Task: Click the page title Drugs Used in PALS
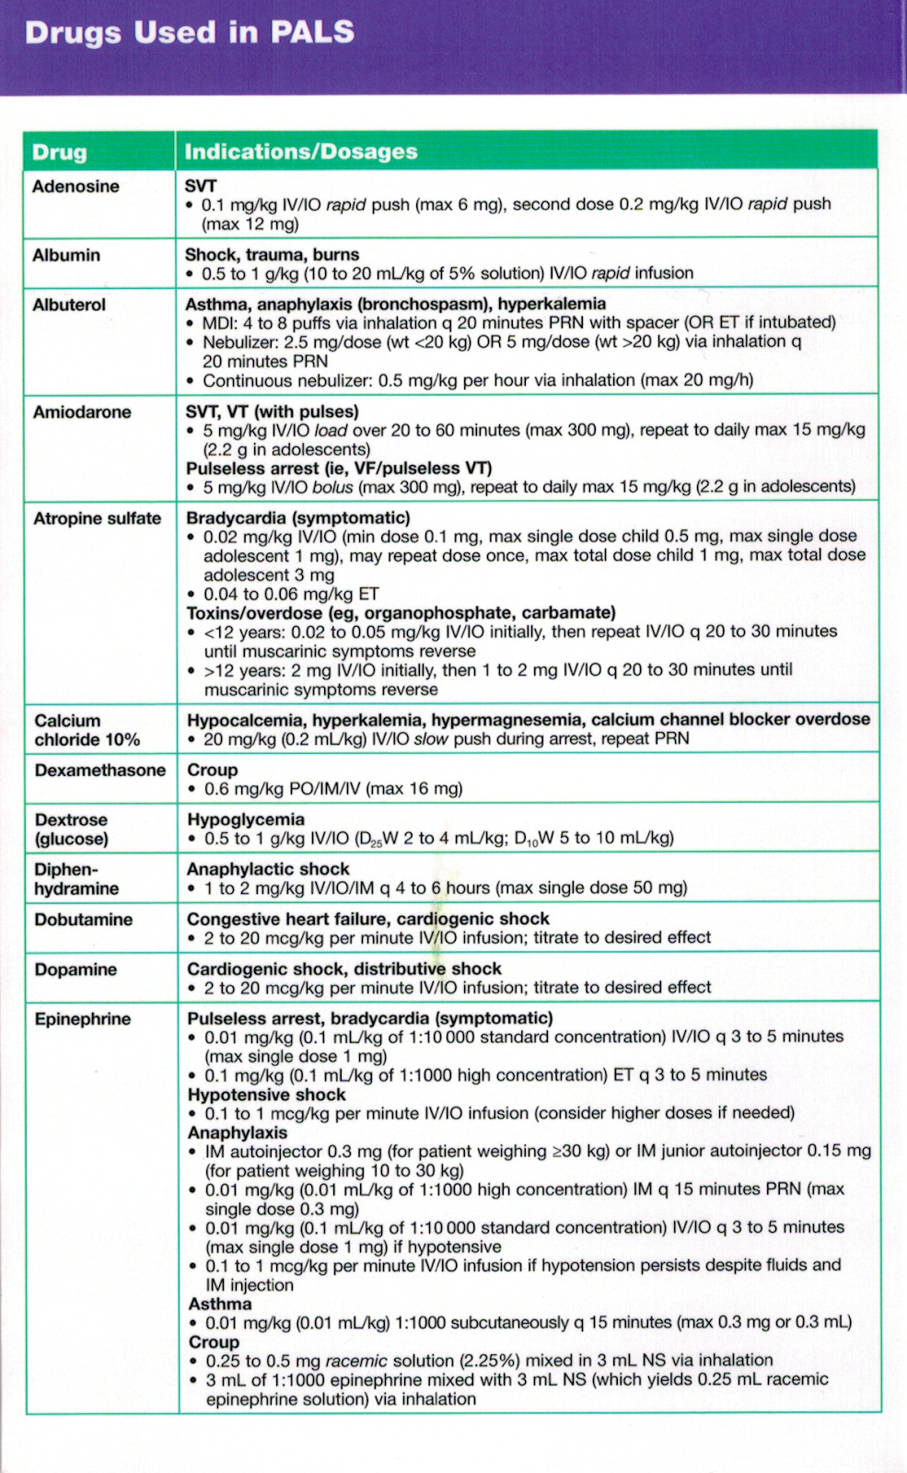point(190,33)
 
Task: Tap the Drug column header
point(59,153)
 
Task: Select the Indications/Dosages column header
point(301,152)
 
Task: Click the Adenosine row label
point(76,187)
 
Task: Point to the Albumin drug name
point(66,255)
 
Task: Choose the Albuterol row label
point(69,305)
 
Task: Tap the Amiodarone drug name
point(82,412)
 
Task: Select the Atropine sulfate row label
point(97,519)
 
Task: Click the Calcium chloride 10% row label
point(87,730)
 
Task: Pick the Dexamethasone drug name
point(100,771)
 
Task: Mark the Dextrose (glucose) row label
point(72,829)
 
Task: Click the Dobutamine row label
point(84,920)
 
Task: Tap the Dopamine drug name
point(76,969)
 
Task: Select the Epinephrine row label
point(83,1019)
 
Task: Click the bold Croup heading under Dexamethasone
point(213,770)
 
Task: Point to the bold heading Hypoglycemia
point(246,819)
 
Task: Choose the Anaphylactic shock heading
point(268,869)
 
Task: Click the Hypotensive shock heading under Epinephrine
point(267,1095)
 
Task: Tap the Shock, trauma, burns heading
point(272,255)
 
